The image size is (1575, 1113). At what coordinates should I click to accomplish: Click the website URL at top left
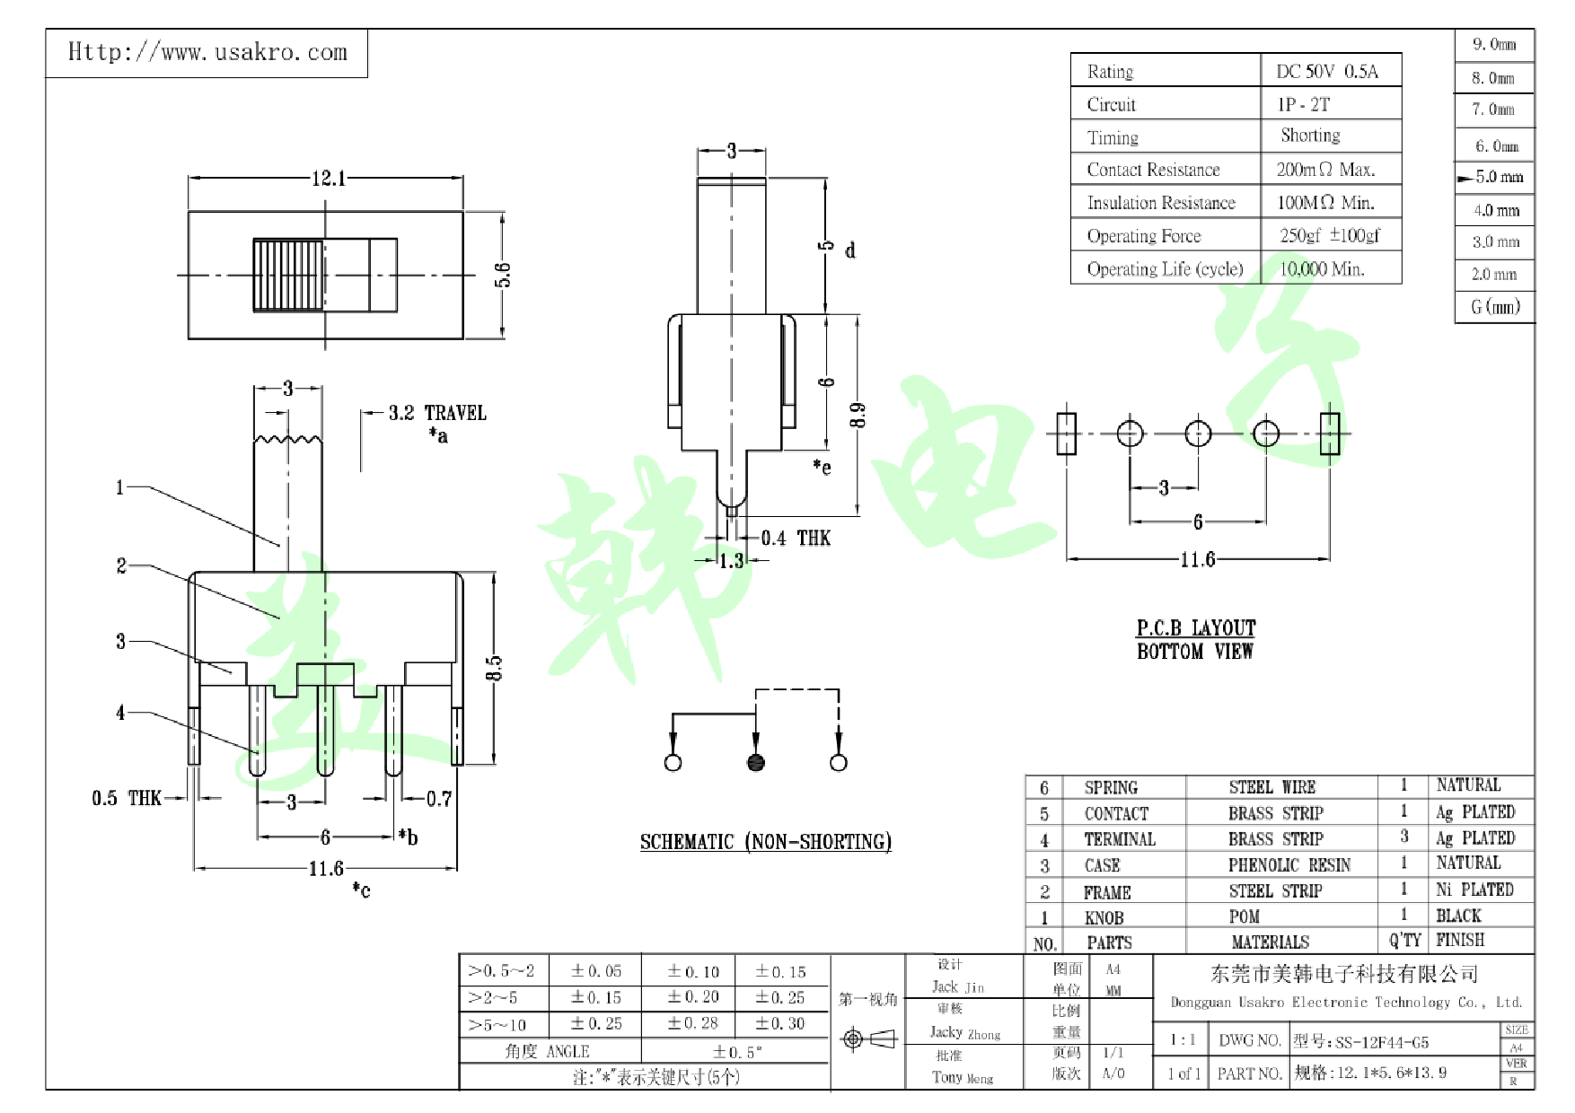(207, 52)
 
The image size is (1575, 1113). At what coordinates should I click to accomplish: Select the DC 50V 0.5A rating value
(1326, 71)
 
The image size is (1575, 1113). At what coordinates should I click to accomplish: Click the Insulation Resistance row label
(1160, 203)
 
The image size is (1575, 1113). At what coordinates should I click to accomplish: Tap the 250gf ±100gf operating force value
(1329, 235)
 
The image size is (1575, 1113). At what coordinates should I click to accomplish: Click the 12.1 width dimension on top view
(328, 178)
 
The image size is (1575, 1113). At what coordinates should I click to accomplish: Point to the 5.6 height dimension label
(503, 274)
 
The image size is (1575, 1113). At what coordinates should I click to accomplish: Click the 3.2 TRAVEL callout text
(436, 413)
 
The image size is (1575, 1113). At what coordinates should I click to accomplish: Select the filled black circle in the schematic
(756, 762)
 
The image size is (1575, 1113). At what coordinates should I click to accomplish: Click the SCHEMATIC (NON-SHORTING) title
(765, 841)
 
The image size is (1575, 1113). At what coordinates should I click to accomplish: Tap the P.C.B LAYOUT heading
(1195, 627)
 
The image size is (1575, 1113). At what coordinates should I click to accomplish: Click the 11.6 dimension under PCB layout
(1197, 559)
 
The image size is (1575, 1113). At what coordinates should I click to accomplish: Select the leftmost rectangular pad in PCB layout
(1066, 434)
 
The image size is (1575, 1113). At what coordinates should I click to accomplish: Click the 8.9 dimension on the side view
(858, 415)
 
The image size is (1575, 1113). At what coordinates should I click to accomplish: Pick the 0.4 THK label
(796, 538)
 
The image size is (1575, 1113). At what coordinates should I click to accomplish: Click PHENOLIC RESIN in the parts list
(1289, 864)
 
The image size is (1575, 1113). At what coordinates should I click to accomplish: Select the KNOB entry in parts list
(1104, 917)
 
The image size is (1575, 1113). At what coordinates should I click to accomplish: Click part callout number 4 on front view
(120, 713)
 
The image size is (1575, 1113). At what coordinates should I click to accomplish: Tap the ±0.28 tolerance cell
(692, 1023)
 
